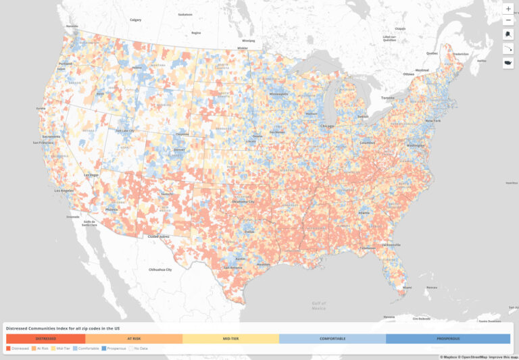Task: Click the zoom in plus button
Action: pyautogui.click(x=508, y=9)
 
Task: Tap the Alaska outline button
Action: pyautogui.click(x=508, y=34)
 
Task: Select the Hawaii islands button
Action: pyautogui.click(x=508, y=49)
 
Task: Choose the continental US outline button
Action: pyautogui.click(x=508, y=63)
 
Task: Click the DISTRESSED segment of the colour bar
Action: pyautogui.click(x=46, y=338)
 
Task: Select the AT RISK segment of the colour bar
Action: pyautogui.click(x=134, y=338)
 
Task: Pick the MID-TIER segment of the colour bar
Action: pyautogui.click(x=230, y=338)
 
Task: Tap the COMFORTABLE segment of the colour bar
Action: pyautogui.click(x=332, y=338)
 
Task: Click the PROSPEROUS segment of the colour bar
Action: pyautogui.click(x=448, y=338)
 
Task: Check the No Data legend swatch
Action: pyautogui.click(x=131, y=349)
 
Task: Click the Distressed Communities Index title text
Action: pyautogui.click(x=63, y=328)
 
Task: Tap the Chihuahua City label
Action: pyautogui.click(x=159, y=269)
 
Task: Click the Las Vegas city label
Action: pyautogui.click(x=91, y=175)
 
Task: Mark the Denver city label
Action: pyautogui.click(x=179, y=150)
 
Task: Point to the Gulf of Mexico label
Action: pyautogui.click(x=319, y=306)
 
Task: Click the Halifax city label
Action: pyautogui.click(x=481, y=61)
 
